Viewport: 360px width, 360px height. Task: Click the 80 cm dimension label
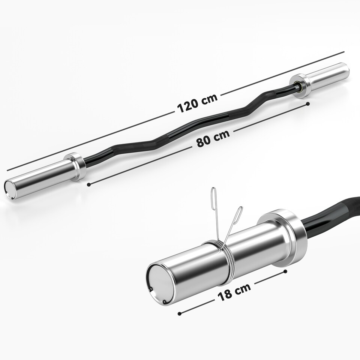tap(213, 140)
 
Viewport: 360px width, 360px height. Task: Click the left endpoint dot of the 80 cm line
tap(88, 184)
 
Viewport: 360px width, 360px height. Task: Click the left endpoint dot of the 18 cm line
tap(180, 313)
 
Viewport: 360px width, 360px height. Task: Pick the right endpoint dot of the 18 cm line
tap(285, 271)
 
